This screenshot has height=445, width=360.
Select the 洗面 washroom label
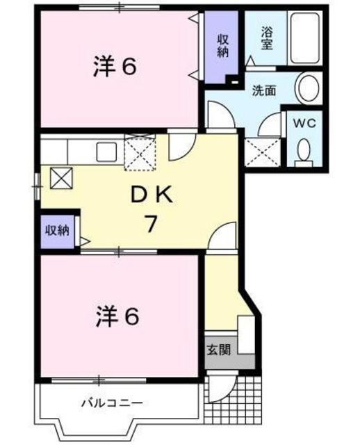click(x=264, y=90)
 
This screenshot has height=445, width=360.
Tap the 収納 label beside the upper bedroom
click(x=222, y=47)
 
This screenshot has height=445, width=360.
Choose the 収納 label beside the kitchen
click(x=58, y=230)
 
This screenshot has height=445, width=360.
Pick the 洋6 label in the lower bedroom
click(x=117, y=317)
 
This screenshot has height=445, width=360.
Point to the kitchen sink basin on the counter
click(x=106, y=152)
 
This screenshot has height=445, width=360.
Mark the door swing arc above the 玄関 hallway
click(x=224, y=238)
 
